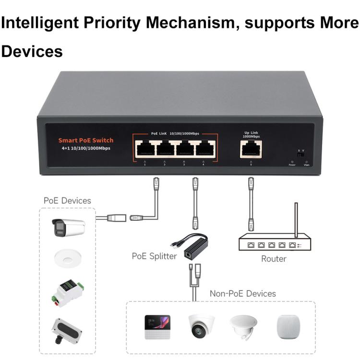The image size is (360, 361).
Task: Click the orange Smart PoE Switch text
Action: tap(86, 140)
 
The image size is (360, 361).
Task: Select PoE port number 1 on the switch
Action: tap(145, 148)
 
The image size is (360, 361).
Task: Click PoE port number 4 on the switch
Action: tap(204, 148)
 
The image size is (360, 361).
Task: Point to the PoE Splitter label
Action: tap(154, 256)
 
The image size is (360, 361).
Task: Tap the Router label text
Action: tap(274, 259)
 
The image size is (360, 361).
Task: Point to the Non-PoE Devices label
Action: tap(242, 293)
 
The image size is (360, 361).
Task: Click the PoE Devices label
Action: tap(67, 200)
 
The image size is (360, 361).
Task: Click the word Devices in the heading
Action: tap(32, 52)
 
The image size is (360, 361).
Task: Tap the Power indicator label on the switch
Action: tap(292, 165)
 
